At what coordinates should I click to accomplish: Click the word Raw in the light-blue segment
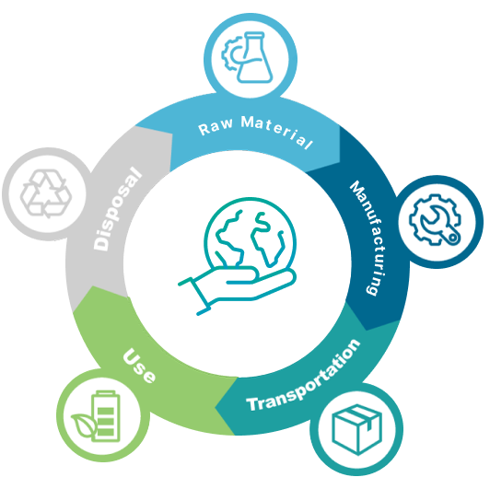[216, 127]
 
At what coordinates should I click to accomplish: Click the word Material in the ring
[276, 132]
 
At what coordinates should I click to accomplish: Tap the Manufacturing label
[367, 238]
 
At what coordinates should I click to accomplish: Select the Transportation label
[304, 376]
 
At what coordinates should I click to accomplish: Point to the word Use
[139, 366]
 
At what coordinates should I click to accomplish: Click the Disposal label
[118, 209]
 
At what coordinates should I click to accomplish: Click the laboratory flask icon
[255, 57]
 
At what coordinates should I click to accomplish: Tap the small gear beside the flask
[230, 53]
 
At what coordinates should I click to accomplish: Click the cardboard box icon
[356, 429]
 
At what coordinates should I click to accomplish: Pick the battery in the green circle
[106, 416]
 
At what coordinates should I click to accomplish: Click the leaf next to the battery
[83, 425]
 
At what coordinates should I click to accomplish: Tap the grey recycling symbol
[46, 193]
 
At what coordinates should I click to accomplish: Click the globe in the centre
[250, 233]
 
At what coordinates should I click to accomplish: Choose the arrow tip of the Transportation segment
[216, 407]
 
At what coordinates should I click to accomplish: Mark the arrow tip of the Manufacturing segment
[367, 330]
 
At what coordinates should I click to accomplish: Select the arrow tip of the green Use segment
[92, 285]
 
